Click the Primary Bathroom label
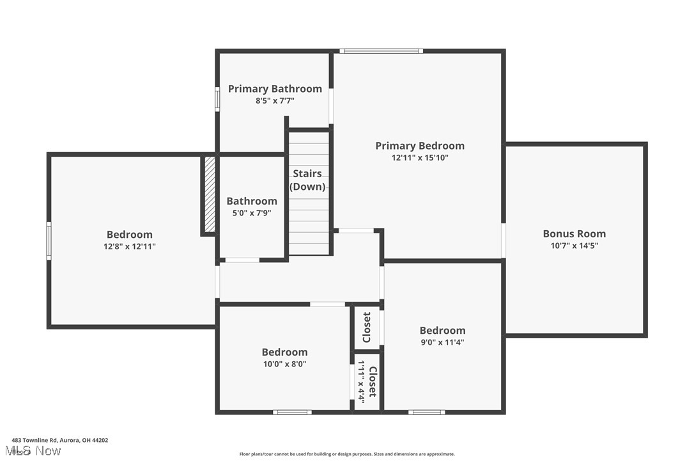tap(275, 89)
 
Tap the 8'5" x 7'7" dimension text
tap(275, 101)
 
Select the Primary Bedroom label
tap(420, 146)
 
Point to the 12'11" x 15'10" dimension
tap(420, 158)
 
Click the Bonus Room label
tap(574, 234)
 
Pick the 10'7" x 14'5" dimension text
tap(574, 246)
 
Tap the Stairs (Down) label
tap(307, 180)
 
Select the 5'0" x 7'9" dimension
tap(252, 213)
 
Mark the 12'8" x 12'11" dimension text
tap(130, 246)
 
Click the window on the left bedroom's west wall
tap(49, 240)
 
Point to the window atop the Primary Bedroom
tap(381, 51)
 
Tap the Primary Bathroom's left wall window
tap(217, 99)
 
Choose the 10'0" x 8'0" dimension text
tap(284, 364)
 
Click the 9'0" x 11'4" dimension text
tap(442, 342)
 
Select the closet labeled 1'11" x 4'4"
tap(367, 381)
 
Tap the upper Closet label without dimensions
tap(367, 327)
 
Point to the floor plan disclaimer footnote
tap(347, 454)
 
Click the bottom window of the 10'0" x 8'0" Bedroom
tap(293, 412)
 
